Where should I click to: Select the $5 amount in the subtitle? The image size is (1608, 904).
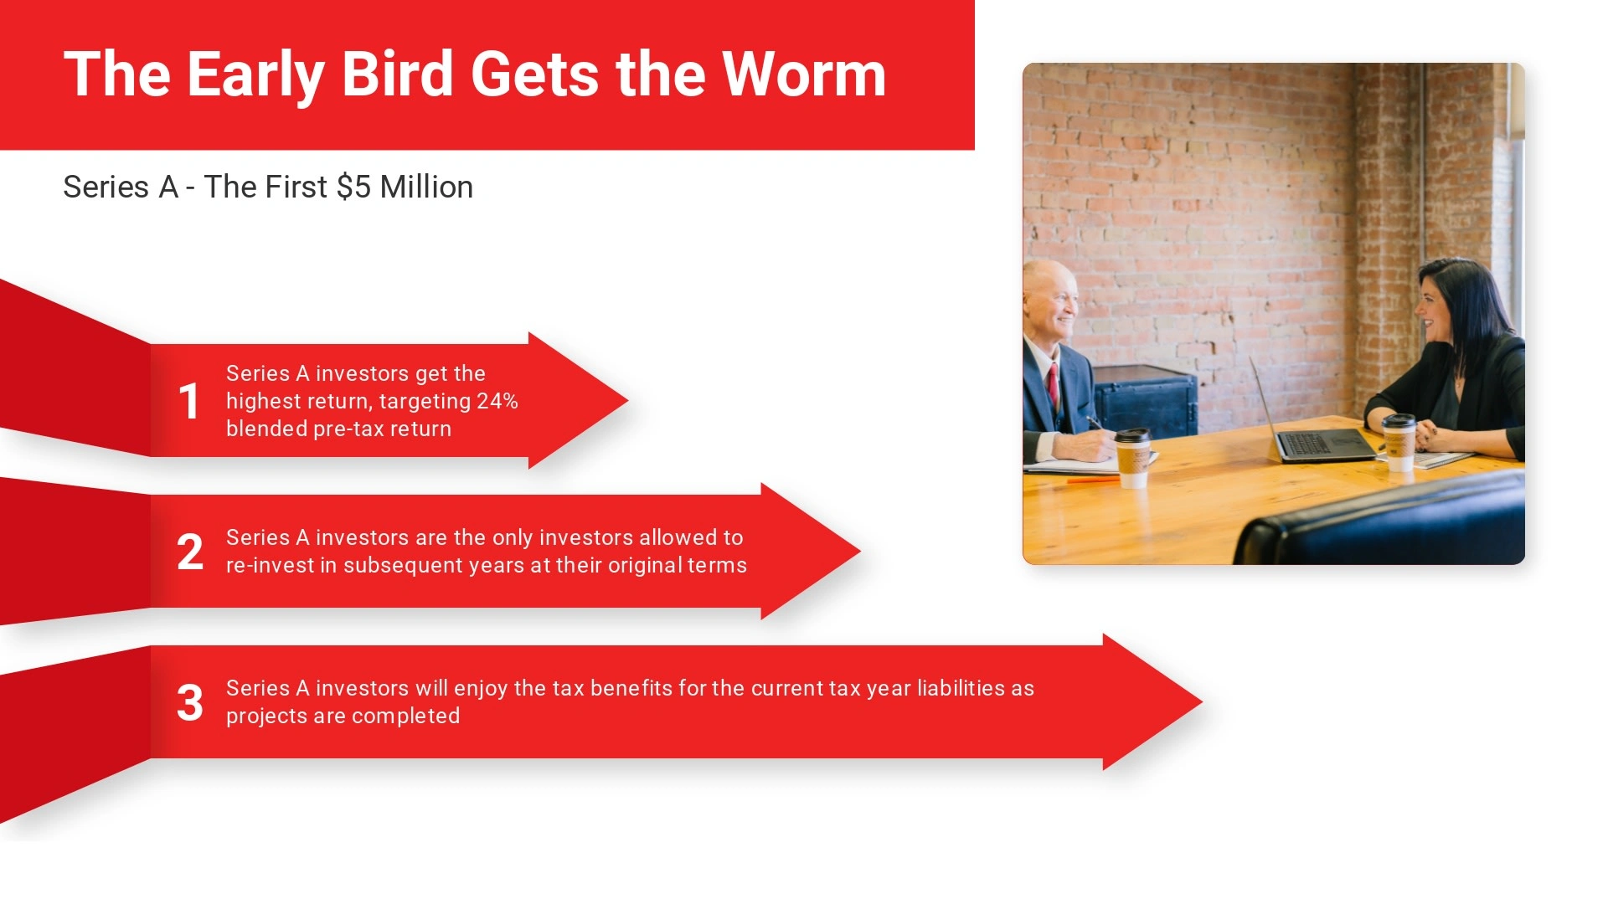(x=353, y=187)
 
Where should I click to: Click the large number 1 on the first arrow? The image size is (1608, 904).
(x=189, y=401)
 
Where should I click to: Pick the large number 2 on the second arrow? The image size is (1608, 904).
(x=190, y=552)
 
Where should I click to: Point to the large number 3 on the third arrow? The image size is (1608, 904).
(x=190, y=703)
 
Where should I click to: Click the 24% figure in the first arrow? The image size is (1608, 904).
(x=497, y=401)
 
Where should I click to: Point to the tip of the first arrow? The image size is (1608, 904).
(x=627, y=400)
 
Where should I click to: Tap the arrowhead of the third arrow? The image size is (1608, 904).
(x=1152, y=701)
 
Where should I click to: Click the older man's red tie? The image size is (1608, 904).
(x=1054, y=385)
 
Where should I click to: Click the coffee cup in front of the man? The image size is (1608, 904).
(x=1132, y=458)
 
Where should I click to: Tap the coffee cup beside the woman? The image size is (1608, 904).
(x=1399, y=442)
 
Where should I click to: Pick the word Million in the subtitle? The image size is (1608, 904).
(x=426, y=187)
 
